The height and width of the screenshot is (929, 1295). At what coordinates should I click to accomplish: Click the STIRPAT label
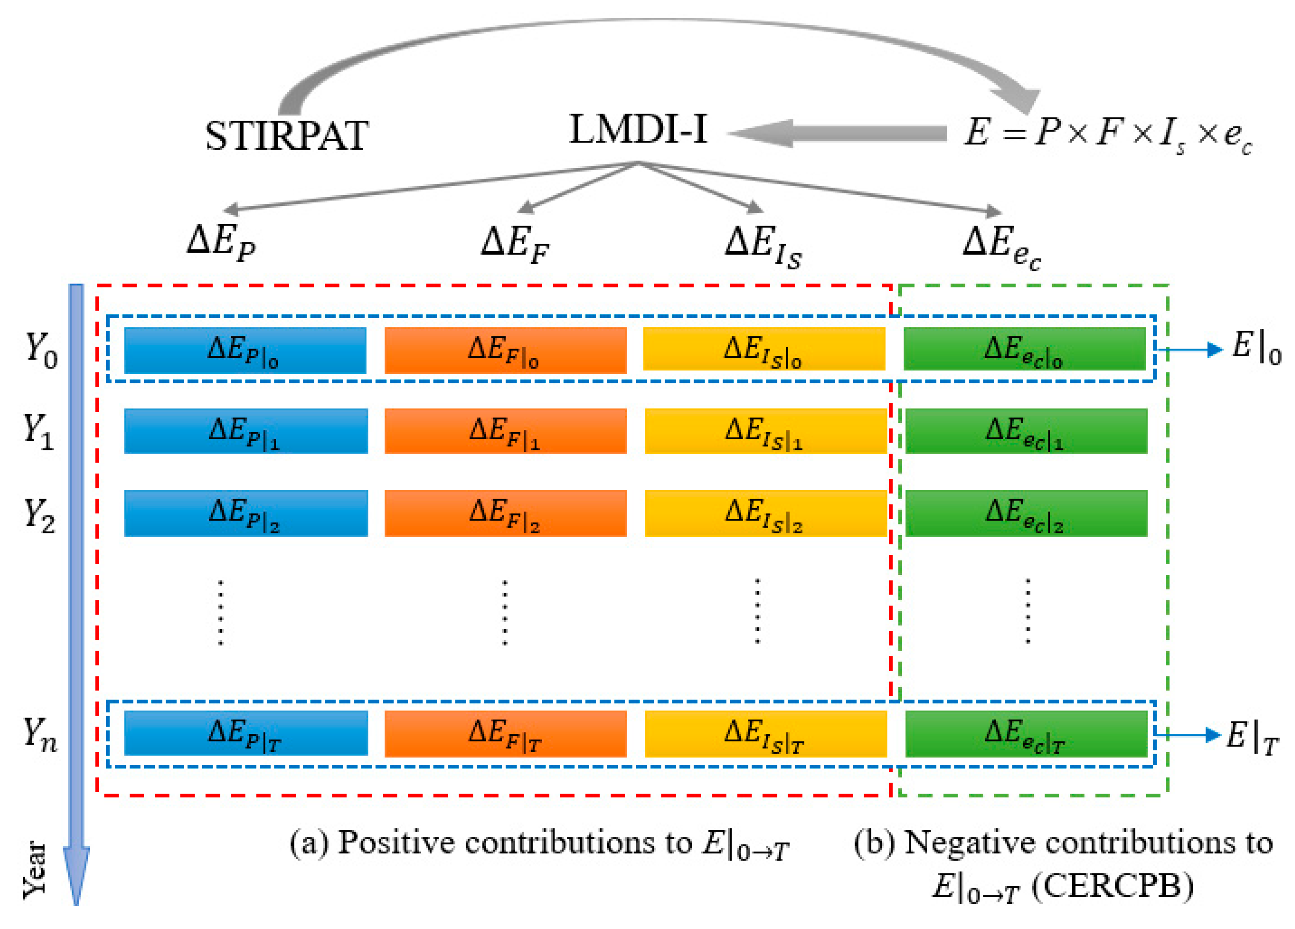click(286, 136)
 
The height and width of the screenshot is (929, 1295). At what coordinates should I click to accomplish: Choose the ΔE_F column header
click(514, 244)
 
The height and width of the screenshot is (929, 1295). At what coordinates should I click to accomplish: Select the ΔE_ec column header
click(1002, 247)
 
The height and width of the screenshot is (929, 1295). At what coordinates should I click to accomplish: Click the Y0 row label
click(41, 350)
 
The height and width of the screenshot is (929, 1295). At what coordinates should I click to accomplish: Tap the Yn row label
click(40, 734)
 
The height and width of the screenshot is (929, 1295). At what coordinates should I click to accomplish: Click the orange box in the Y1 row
click(505, 431)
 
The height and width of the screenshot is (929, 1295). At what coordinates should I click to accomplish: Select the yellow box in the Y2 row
click(765, 513)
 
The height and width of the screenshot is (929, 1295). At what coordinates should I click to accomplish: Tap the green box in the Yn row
click(1026, 734)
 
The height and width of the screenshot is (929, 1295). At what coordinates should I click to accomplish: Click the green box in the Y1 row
click(1026, 431)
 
